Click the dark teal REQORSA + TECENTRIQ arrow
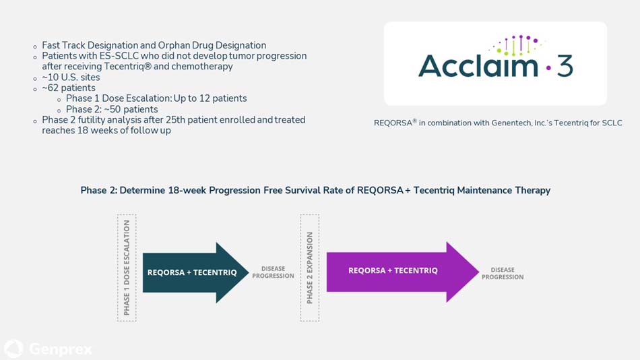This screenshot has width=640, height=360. click(x=192, y=272)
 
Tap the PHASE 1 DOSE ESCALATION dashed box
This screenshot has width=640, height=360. click(x=127, y=267)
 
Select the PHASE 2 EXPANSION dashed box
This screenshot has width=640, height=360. click(x=310, y=267)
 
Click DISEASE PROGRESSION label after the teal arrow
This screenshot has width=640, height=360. click(x=273, y=272)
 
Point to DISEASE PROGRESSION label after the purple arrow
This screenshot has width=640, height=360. click(x=503, y=273)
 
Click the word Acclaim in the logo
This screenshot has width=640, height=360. click(x=477, y=66)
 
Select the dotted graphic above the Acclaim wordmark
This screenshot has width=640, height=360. click(x=516, y=44)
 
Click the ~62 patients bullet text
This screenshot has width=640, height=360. click(x=69, y=88)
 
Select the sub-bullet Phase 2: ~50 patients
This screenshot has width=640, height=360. click(x=112, y=109)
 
